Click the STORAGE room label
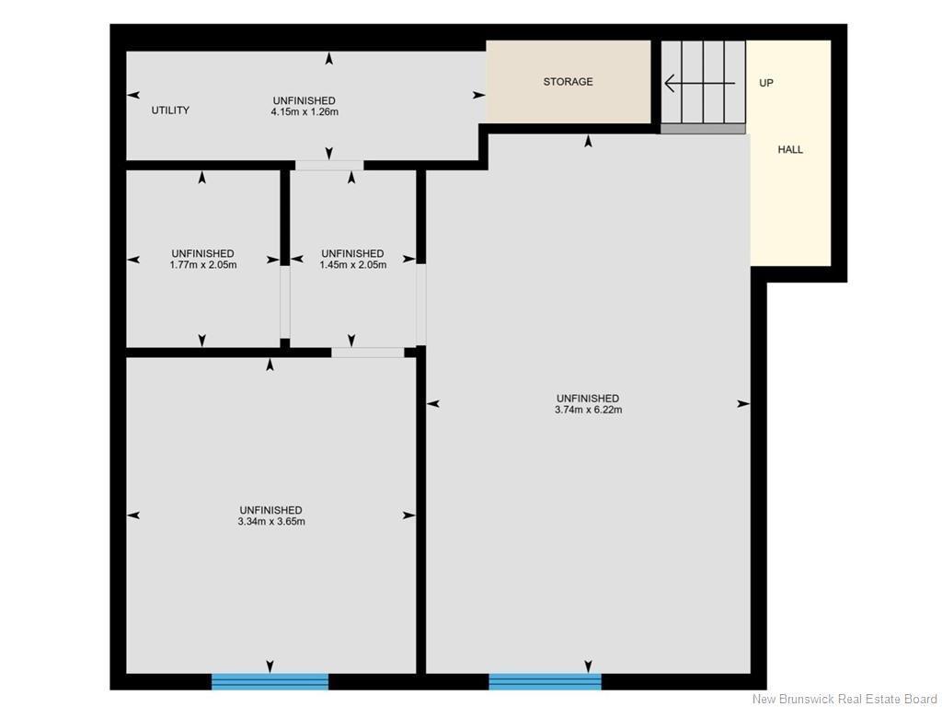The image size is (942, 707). [x=568, y=82]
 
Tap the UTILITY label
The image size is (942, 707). [x=170, y=110]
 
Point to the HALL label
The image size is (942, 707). [x=790, y=150]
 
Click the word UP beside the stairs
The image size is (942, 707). [x=766, y=83]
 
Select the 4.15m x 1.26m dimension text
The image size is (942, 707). [x=304, y=111]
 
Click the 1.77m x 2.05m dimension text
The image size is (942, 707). [x=203, y=264]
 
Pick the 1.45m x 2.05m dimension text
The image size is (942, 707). [x=352, y=264]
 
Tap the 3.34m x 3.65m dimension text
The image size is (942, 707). [x=271, y=521]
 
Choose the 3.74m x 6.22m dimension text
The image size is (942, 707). [x=588, y=410]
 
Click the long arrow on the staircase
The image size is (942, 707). [x=700, y=82]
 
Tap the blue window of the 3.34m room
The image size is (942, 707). [x=270, y=681]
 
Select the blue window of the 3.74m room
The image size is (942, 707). [x=545, y=681]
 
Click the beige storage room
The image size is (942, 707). [x=569, y=82]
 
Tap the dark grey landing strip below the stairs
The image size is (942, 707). [x=703, y=129]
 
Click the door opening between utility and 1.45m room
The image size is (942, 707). [x=329, y=166]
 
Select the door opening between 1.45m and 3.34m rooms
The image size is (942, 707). [x=368, y=353]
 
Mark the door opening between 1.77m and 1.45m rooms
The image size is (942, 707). [x=285, y=302]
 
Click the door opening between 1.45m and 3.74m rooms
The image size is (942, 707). [x=421, y=304]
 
